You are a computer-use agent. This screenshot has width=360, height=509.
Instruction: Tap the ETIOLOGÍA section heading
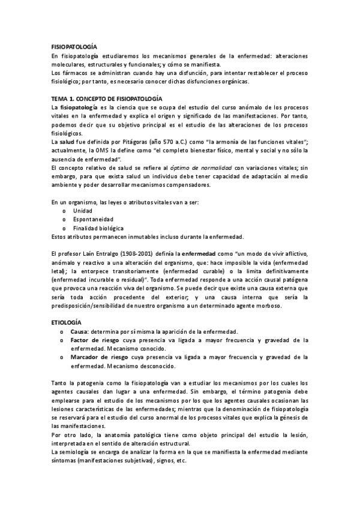point(68,323)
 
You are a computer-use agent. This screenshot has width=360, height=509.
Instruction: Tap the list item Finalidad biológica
point(98,228)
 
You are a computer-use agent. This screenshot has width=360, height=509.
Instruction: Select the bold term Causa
point(79,332)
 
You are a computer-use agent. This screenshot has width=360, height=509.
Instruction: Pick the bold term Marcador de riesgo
point(98,357)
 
